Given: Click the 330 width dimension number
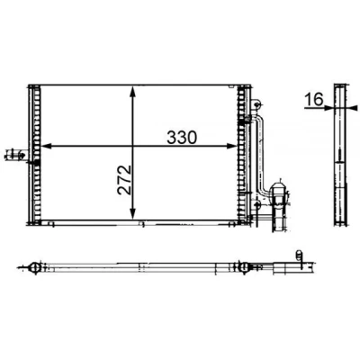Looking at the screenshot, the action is pos(182,137).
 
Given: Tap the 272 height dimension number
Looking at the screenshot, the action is pos(124,180).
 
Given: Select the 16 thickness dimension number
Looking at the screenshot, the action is pos(314,99).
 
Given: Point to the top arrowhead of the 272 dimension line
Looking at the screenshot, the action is pos(133,92).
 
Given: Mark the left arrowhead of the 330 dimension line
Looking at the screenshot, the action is pos(46,146).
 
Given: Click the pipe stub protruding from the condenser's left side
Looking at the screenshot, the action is pos(16,155).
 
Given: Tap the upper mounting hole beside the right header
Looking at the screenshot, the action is pos(256,104).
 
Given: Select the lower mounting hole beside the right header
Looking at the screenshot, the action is pos(256,204).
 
